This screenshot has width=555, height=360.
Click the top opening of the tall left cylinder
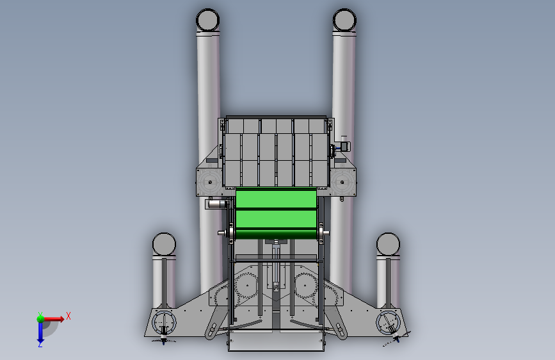tap(208, 20)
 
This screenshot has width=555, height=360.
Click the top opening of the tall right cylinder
tap(344, 20)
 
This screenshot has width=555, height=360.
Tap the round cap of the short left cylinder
tap(165, 244)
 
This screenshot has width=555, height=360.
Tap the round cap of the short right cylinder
tap(389, 244)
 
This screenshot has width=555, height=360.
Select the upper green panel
tap(276, 198)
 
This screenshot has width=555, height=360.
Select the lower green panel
tap(276, 219)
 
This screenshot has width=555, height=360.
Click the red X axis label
tap(68, 316)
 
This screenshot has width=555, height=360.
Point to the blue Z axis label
tap(40, 344)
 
